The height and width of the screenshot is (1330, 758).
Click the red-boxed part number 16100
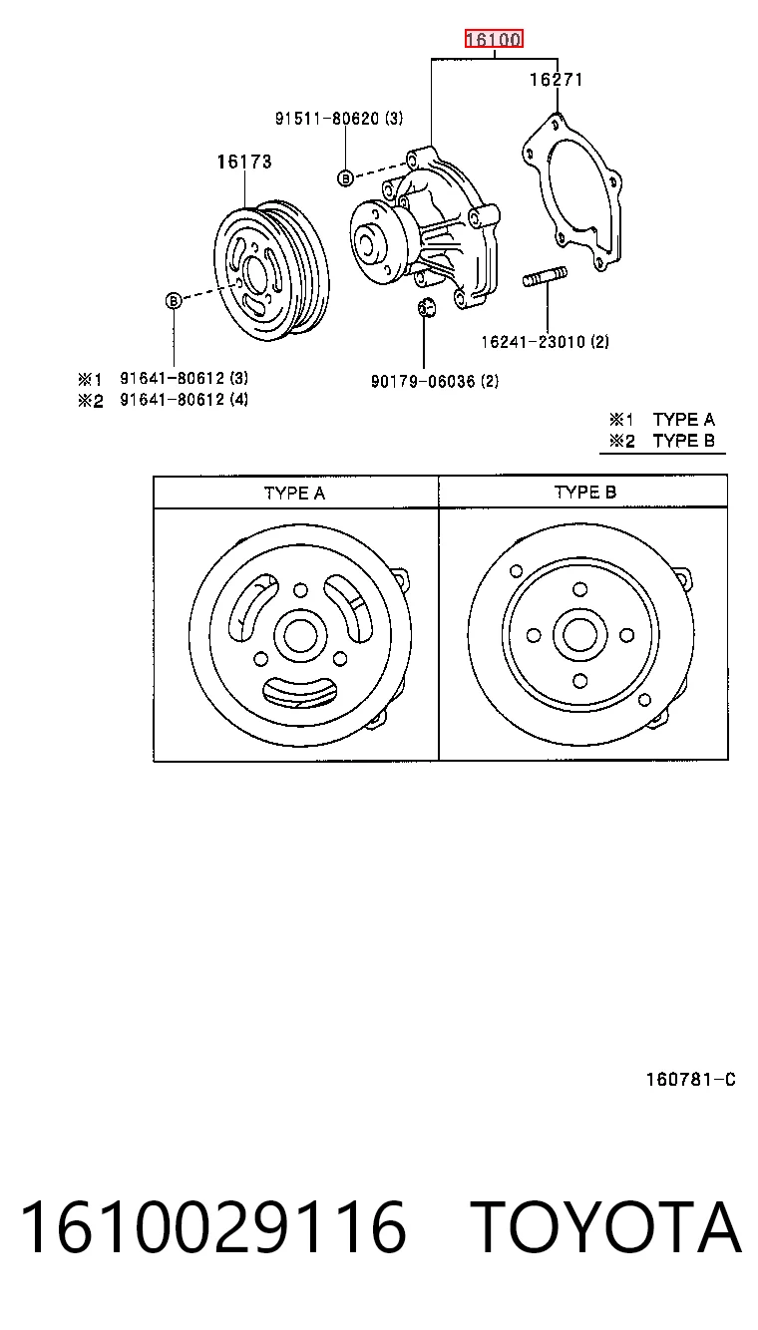pos(494,39)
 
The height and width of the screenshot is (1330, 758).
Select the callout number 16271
pos(556,80)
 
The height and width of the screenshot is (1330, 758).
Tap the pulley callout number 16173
pos(244,162)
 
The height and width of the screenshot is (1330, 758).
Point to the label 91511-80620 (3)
pos(338,119)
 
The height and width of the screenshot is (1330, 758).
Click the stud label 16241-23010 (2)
pos(545,341)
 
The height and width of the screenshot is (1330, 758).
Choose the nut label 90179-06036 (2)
pos(435,381)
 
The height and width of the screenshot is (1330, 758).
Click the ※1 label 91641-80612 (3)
pos(185,378)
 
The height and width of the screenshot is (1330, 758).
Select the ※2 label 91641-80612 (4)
pos(185,400)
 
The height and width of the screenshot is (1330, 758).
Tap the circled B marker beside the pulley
pos(173,301)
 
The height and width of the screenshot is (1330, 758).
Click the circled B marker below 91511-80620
pos(345,177)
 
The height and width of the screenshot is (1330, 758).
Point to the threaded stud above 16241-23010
pos(546,277)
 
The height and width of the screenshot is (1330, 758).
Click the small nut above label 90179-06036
pos(425,307)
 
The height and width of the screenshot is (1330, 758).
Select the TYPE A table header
pos(294,494)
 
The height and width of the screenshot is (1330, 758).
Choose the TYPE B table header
pos(585,493)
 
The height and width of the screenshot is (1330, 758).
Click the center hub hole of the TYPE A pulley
pos(300,635)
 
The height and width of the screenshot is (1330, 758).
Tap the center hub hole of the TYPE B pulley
pos(579,635)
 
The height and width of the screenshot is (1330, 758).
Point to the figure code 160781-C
pos(691,1079)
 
